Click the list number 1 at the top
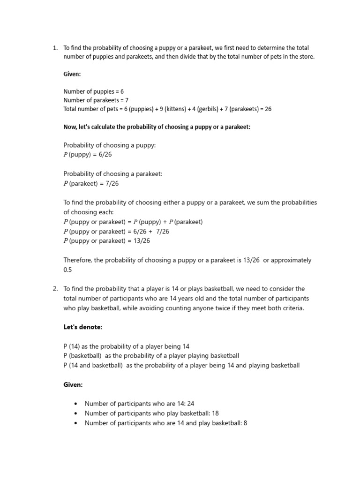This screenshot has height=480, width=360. tap(54, 48)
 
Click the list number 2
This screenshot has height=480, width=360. tap(54, 289)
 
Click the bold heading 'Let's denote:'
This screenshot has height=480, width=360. tap(82, 327)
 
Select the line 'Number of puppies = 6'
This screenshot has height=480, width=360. tap(94, 91)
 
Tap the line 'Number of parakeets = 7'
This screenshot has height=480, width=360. tap(96, 100)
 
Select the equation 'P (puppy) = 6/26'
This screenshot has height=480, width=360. tap(88, 154)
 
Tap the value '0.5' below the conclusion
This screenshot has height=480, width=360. tap(68, 270)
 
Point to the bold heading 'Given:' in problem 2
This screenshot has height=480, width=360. tap(73, 384)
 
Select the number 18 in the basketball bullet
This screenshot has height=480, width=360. tap(215, 413)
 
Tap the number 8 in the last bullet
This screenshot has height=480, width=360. tap(245, 423)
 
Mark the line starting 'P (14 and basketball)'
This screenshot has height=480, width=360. tap(181, 365)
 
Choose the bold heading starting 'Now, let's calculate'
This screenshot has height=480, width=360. tap(157, 127)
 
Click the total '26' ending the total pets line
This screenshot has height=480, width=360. tap(268, 109)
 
